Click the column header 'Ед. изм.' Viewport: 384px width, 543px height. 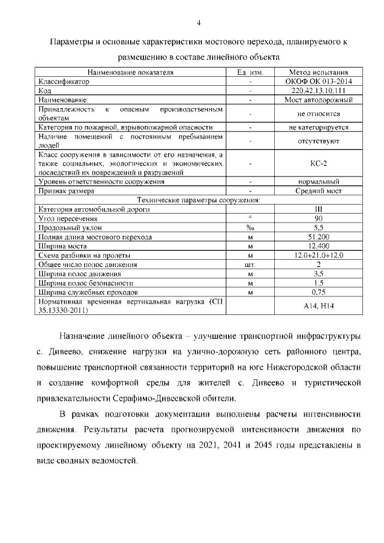pyautogui.click(x=250, y=72)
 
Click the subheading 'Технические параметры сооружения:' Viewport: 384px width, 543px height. pyautogui.click(x=199, y=200)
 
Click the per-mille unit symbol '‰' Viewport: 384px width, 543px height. pyautogui.click(x=250, y=228)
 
